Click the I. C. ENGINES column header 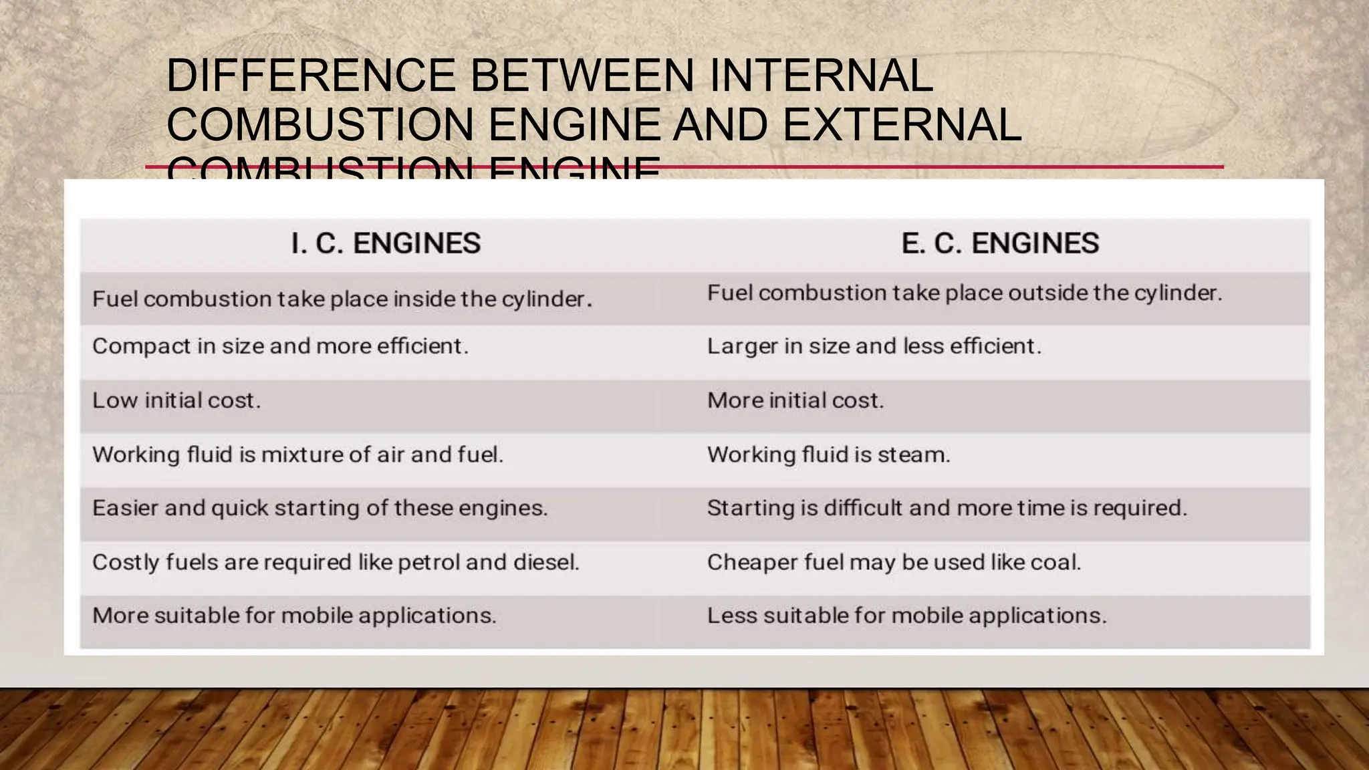[x=386, y=243]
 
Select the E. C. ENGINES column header [x=1000, y=243]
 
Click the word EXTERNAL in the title [x=902, y=124]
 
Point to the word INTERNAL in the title [x=820, y=75]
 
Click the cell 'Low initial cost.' [x=176, y=400]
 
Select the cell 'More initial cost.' [x=795, y=400]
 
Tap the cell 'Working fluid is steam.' [x=828, y=455]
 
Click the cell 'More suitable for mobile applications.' [x=294, y=616]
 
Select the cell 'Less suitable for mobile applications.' [x=906, y=616]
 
